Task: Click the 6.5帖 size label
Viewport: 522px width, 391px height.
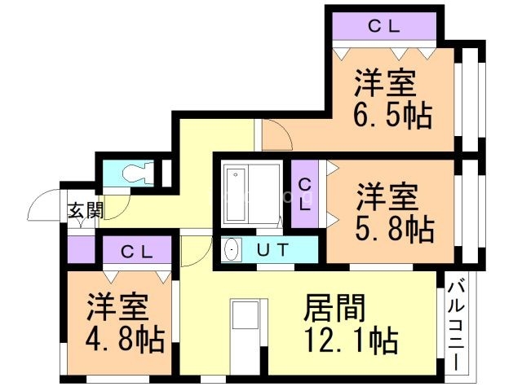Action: (x=392, y=116)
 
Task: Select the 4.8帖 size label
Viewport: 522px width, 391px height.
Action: (x=124, y=338)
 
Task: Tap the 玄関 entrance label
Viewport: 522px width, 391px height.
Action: (x=85, y=210)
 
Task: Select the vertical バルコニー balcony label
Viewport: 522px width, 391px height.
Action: (x=458, y=326)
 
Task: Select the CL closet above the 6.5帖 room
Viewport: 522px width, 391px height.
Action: (x=383, y=26)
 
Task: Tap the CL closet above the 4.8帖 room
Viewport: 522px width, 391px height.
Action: (x=137, y=251)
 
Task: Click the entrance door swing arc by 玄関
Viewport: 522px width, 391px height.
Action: (x=45, y=206)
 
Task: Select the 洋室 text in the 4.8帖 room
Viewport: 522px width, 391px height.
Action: (x=117, y=308)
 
